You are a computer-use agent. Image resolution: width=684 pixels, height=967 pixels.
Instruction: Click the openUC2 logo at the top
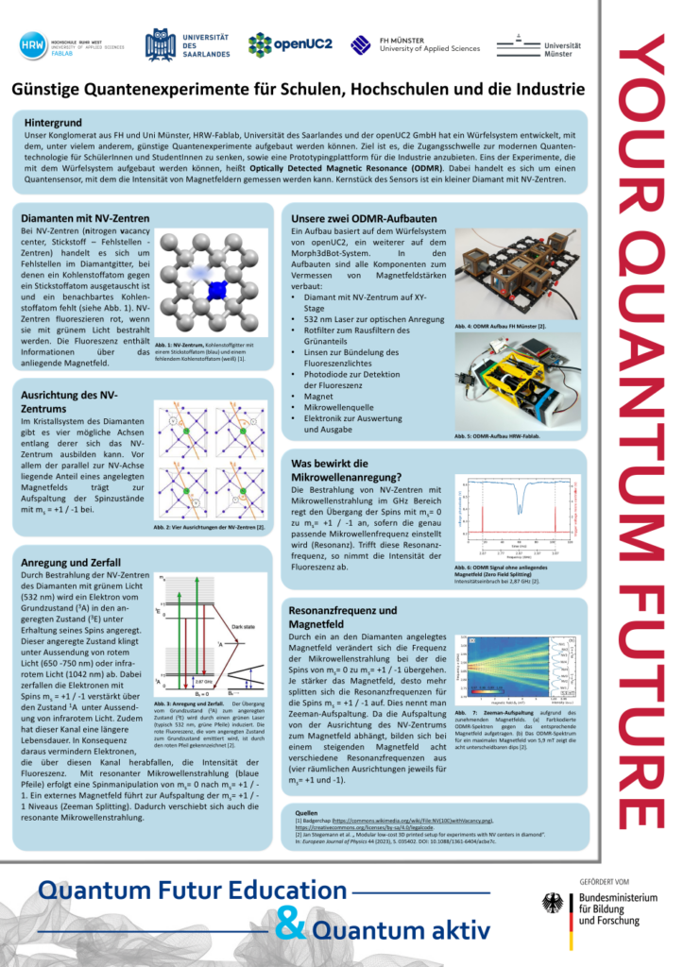290,43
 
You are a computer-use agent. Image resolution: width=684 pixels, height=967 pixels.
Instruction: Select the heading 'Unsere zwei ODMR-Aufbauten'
364,216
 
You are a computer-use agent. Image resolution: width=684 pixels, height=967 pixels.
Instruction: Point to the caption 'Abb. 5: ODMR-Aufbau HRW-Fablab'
500,436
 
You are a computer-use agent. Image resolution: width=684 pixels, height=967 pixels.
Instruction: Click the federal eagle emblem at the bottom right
553,904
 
